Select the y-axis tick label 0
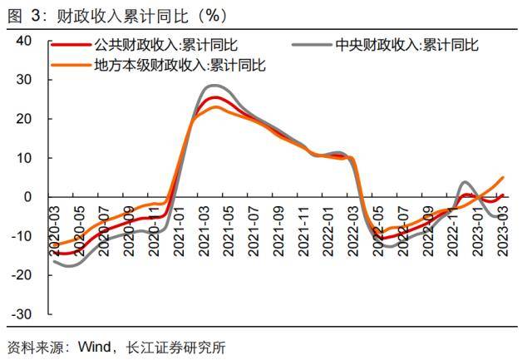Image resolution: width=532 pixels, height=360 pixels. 27,197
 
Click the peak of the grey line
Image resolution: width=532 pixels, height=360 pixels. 214,86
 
